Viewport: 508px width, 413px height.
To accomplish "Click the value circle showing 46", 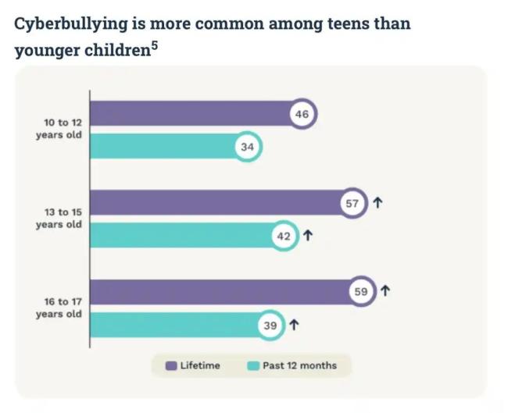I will pyautogui.click(x=302, y=114).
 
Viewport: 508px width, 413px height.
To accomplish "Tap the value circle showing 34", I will pyautogui.click(x=248, y=147).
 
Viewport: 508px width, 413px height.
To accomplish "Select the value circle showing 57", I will pyautogui.click(x=352, y=204).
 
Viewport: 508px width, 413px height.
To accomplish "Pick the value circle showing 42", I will pyautogui.click(x=284, y=237).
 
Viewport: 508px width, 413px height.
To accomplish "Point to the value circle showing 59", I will pyautogui.click(x=360, y=293).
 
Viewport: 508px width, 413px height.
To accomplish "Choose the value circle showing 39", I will pyautogui.click(x=270, y=326).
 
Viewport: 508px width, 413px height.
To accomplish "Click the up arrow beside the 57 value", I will pyautogui.click(x=377, y=204).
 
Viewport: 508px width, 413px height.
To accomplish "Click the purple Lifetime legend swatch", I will pyautogui.click(x=170, y=365).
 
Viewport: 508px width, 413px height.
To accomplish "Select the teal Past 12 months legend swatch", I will pyautogui.click(x=252, y=365).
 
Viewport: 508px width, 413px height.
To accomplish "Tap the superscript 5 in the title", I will pyautogui.click(x=154, y=45).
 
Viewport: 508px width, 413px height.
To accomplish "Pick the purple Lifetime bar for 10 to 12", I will pyautogui.click(x=191, y=114).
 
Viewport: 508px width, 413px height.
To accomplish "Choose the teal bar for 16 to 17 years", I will pyautogui.click(x=176, y=326).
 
